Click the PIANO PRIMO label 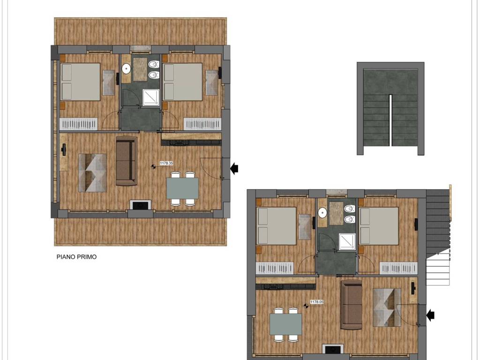76,257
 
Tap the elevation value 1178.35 166,163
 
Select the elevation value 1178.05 316,302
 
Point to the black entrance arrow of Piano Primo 234,168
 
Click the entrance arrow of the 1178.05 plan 430,315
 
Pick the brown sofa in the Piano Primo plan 127,161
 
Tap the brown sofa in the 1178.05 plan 352,305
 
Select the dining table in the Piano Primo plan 182,188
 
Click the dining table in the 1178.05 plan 285,324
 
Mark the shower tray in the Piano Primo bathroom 151,97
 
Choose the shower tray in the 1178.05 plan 347,242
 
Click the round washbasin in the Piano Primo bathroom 126,69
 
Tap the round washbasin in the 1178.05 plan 322,213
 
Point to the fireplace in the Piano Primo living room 141,205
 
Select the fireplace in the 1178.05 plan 333,349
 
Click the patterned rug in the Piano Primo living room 92,172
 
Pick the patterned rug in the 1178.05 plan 387,307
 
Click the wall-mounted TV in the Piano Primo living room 64,150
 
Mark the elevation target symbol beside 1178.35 153,166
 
